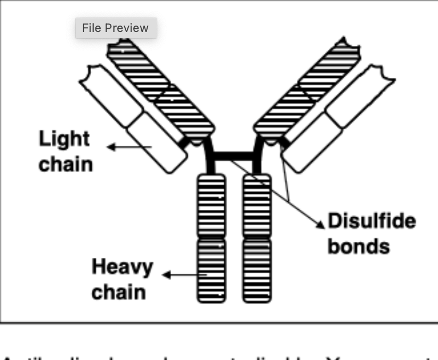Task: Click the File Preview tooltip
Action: [x=116, y=28]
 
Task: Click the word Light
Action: [x=64, y=140]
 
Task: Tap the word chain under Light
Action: [x=66, y=164]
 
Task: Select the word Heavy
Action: [x=122, y=266]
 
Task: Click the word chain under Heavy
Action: [x=118, y=292]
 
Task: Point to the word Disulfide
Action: [x=371, y=220]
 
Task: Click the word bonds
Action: [x=358, y=246]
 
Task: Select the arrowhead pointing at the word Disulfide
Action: [x=320, y=224]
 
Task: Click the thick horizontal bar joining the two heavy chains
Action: [x=234, y=156]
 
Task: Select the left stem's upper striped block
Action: [x=211, y=205]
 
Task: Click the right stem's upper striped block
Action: [x=257, y=205]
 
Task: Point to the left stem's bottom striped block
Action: [x=211, y=270]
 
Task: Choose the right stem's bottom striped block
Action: [x=257, y=270]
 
